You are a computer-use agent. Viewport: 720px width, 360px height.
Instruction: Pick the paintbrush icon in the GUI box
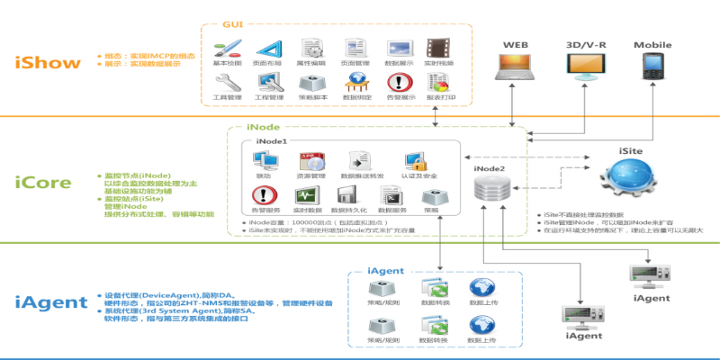[x=228, y=49]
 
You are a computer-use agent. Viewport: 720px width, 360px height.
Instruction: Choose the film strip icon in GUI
[x=438, y=49]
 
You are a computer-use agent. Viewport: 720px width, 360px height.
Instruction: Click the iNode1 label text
[x=272, y=141]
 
